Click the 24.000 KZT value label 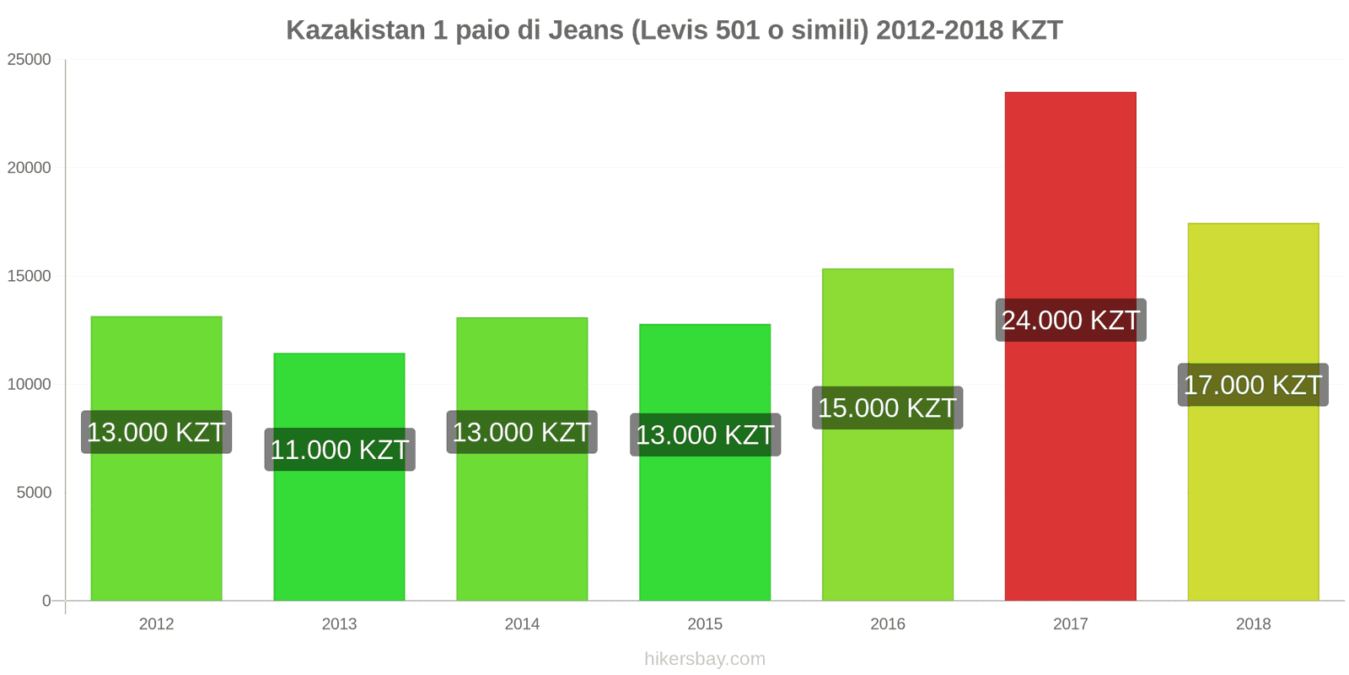(x=1070, y=321)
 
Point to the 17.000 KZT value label (x=1253, y=386)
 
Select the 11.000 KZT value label (x=339, y=450)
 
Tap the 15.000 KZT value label (x=887, y=408)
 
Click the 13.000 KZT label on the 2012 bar (x=156, y=433)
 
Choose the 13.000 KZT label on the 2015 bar (x=705, y=435)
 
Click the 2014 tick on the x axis (x=522, y=624)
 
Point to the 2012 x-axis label (x=156, y=624)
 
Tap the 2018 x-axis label (x=1253, y=624)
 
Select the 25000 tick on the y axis (x=30, y=60)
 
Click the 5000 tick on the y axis (x=34, y=493)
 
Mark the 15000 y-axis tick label (x=30, y=277)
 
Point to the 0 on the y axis (x=46, y=601)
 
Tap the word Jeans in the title (x=586, y=30)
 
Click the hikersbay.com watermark (x=705, y=659)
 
